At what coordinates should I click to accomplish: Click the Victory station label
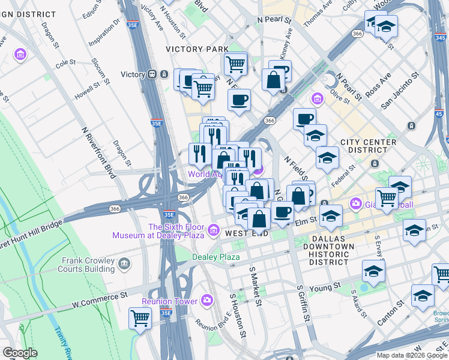[x=133, y=74]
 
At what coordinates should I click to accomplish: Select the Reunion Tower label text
[x=169, y=301]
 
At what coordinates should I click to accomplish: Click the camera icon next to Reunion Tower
[x=207, y=299]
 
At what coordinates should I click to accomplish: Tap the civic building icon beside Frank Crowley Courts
[x=124, y=262]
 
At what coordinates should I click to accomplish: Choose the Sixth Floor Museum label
[x=159, y=231]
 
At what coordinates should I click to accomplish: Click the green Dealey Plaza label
[x=215, y=257]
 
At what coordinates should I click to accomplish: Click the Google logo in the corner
[x=20, y=353]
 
